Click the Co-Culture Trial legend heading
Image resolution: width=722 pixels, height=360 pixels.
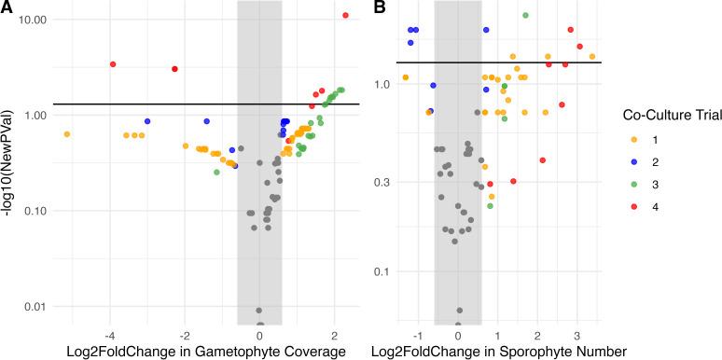pyautogui.click(x=664, y=115)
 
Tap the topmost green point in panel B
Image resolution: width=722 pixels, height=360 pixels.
pyautogui.click(x=525, y=15)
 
